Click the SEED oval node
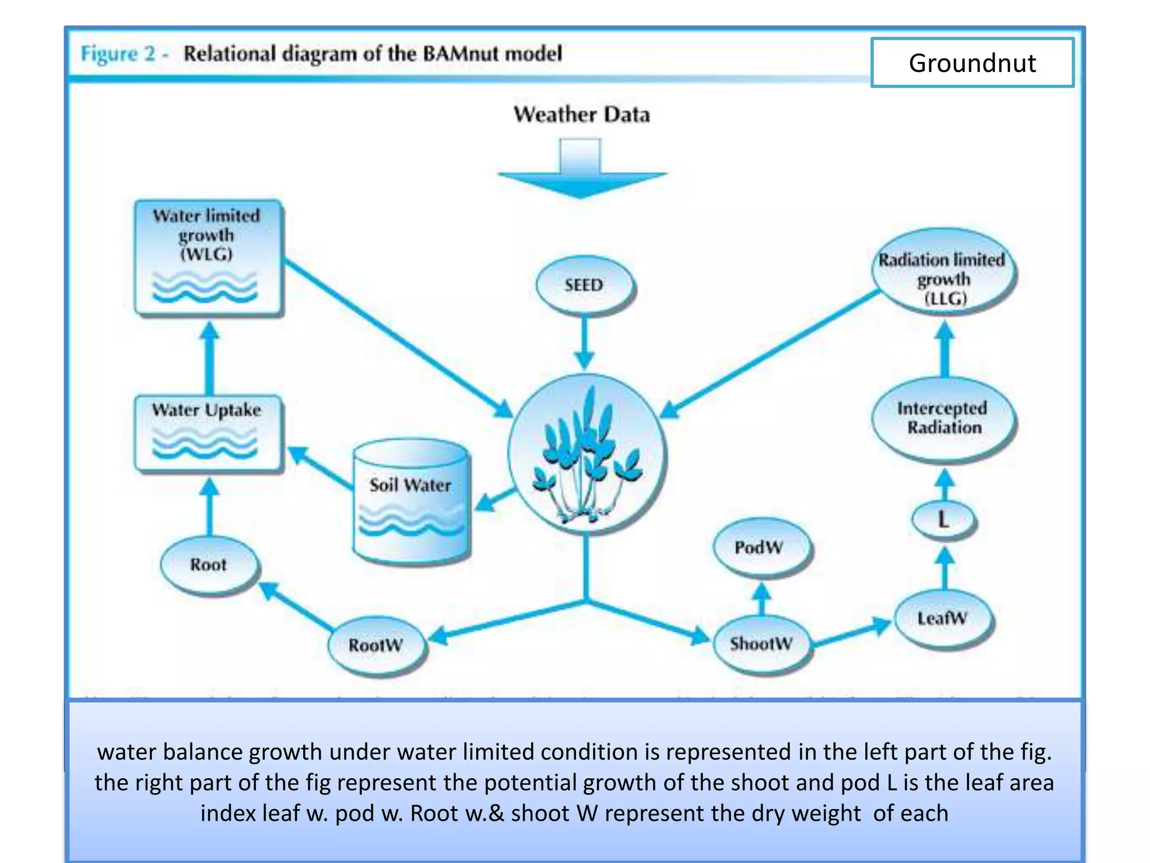click(x=584, y=285)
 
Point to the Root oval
click(x=208, y=565)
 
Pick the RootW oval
click(x=376, y=645)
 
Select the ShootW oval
click(x=761, y=643)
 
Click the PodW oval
click(x=759, y=547)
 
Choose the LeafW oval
click(x=942, y=619)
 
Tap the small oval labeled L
click(x=943, y=520)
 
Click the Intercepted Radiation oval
click(x=943, y=419)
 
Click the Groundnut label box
click(x=972, y=62)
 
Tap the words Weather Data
click(x=582, y=115)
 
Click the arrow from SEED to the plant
click(x=584, y=343)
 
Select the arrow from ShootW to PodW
click(x=761, y=598)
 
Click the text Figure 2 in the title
click(x=118, y=54)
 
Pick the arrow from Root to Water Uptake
click(x=210, y=506)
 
